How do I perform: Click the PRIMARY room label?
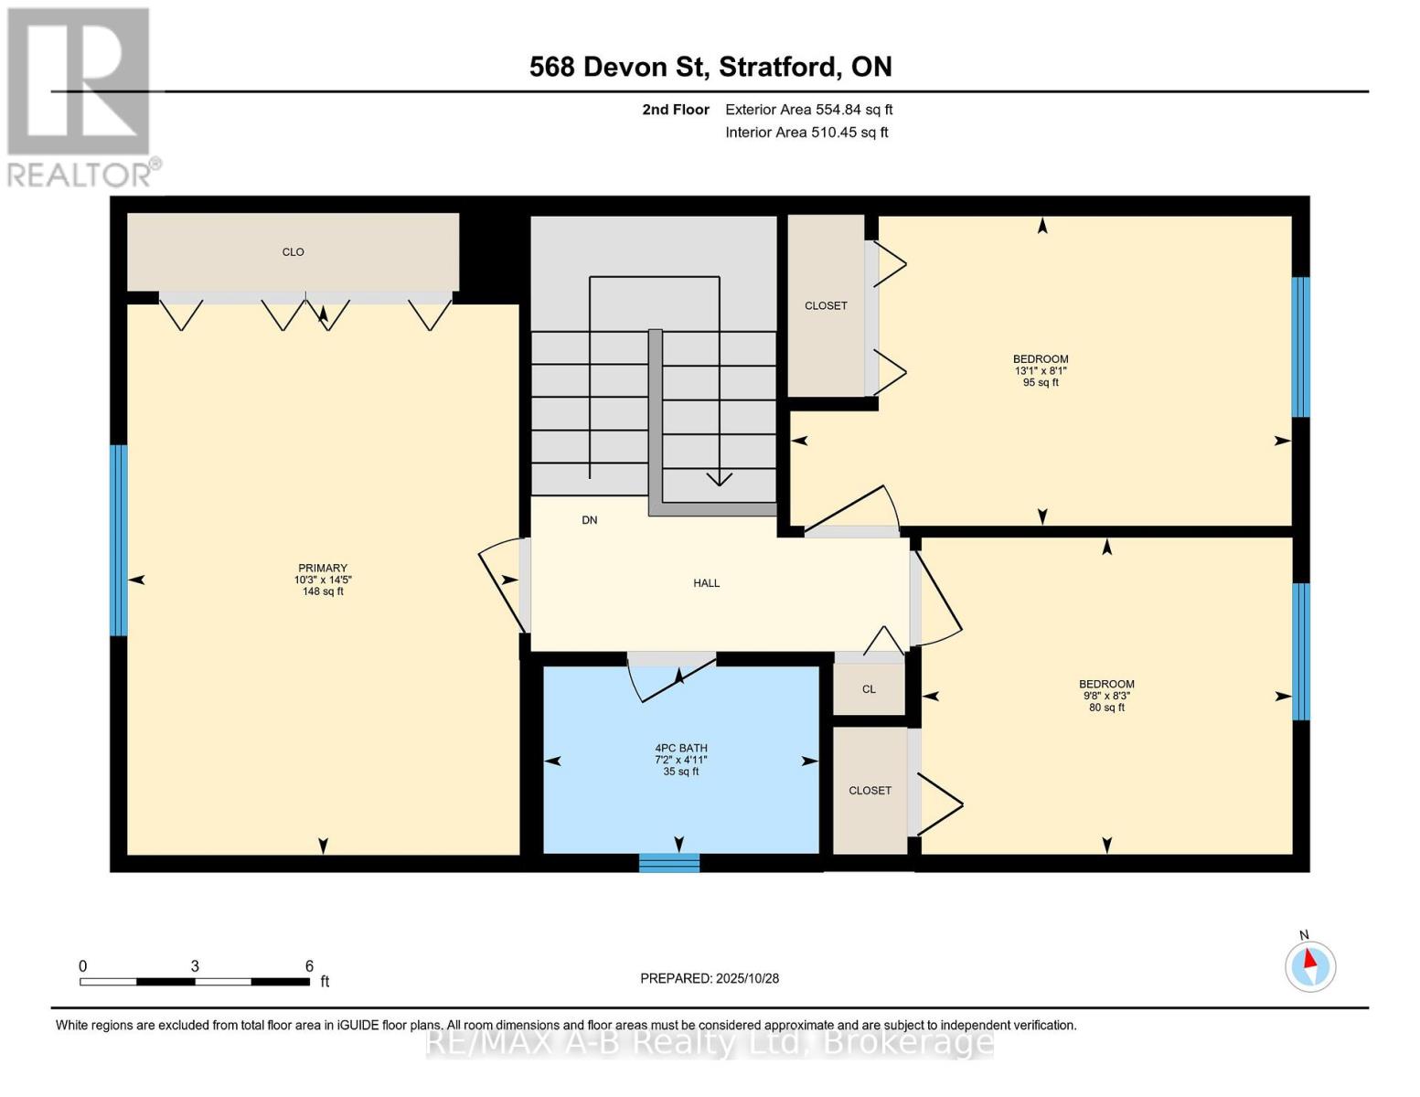pos(322,568)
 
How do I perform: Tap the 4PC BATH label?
pos(681,748)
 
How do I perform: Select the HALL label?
pos(706,583)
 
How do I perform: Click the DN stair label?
pos(590,520)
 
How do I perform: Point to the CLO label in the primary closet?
pos(293,252)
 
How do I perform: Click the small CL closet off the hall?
pos(869,689)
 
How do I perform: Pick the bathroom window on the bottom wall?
pos(669,862)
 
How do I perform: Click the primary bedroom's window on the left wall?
pos(118,539)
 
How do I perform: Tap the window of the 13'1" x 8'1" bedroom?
pos(1300,347)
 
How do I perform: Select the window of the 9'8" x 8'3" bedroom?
pos(1300,651)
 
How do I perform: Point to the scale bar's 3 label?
pos(195,966)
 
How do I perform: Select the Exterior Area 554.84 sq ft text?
pos(808,110)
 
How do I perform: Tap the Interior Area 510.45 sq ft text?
pos(806,133)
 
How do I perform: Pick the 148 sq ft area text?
pos(322,591)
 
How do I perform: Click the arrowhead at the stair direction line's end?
pos(720,479)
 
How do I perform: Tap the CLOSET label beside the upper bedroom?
pos(826,306)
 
